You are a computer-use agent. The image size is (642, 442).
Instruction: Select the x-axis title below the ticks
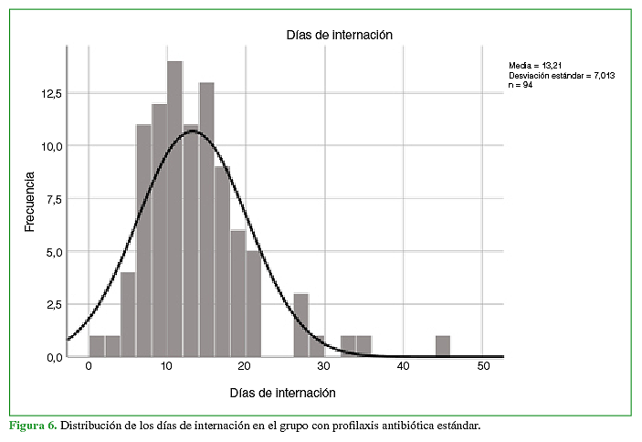tap(282, 393)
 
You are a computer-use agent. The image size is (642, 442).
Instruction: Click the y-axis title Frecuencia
tap(30, 200)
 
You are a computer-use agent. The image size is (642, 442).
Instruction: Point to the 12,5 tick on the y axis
tap(49, 94)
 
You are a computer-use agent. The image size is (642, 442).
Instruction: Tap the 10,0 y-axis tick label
tap(49, 146)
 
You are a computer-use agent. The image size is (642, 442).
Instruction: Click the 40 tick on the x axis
tap(402, 366)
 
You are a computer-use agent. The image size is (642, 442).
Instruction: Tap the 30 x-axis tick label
tap(323, 366)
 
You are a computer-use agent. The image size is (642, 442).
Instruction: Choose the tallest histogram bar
tap(174, 209)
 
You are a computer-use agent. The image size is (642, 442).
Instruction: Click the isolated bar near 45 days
tap(442, 346)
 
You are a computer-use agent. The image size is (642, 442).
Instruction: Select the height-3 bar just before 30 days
tap(301, 324)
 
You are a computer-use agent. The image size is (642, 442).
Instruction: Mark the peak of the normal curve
tap(192, 131)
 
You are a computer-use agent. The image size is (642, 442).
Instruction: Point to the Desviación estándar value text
tap(562, 75)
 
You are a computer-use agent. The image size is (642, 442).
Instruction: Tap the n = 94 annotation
tap(521, 84)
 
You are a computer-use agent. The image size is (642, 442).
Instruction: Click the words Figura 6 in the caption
tap(33, 426)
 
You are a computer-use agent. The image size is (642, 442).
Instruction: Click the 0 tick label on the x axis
tap(89, 366)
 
